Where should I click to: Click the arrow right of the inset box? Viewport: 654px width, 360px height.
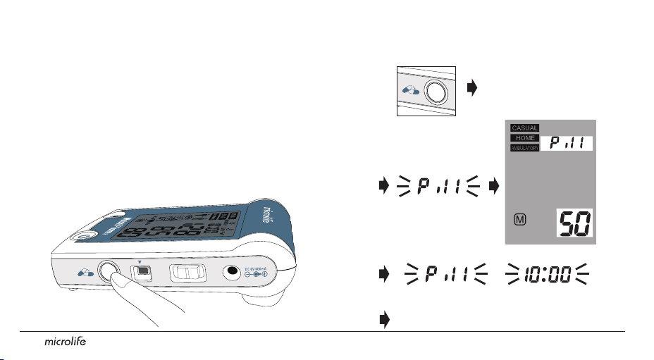pos(472,89)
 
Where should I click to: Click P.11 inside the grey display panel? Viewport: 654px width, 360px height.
pos(566,144)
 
